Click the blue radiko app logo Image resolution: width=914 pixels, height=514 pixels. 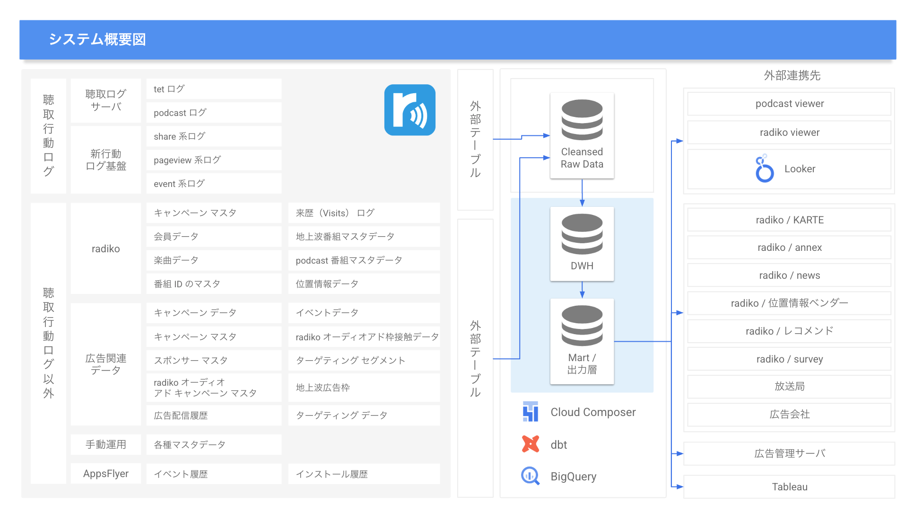409,110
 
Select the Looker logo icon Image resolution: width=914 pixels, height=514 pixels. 764,169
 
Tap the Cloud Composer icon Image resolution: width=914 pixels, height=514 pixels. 531,412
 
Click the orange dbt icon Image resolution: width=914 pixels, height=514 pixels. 531,444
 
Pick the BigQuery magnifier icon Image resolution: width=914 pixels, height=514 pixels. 530,476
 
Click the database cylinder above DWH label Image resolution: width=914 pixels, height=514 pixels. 582,234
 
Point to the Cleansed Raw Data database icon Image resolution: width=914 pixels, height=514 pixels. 582,120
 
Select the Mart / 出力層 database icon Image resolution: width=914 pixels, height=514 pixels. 582,326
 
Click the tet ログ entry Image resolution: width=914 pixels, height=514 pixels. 214,89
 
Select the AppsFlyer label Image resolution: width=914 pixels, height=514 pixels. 106,473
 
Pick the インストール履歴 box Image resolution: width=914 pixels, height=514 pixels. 364,474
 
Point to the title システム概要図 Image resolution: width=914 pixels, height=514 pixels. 97,39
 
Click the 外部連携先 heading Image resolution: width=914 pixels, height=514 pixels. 792,75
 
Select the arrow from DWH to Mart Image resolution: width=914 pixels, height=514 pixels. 582,289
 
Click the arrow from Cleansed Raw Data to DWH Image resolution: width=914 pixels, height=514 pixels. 582,193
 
